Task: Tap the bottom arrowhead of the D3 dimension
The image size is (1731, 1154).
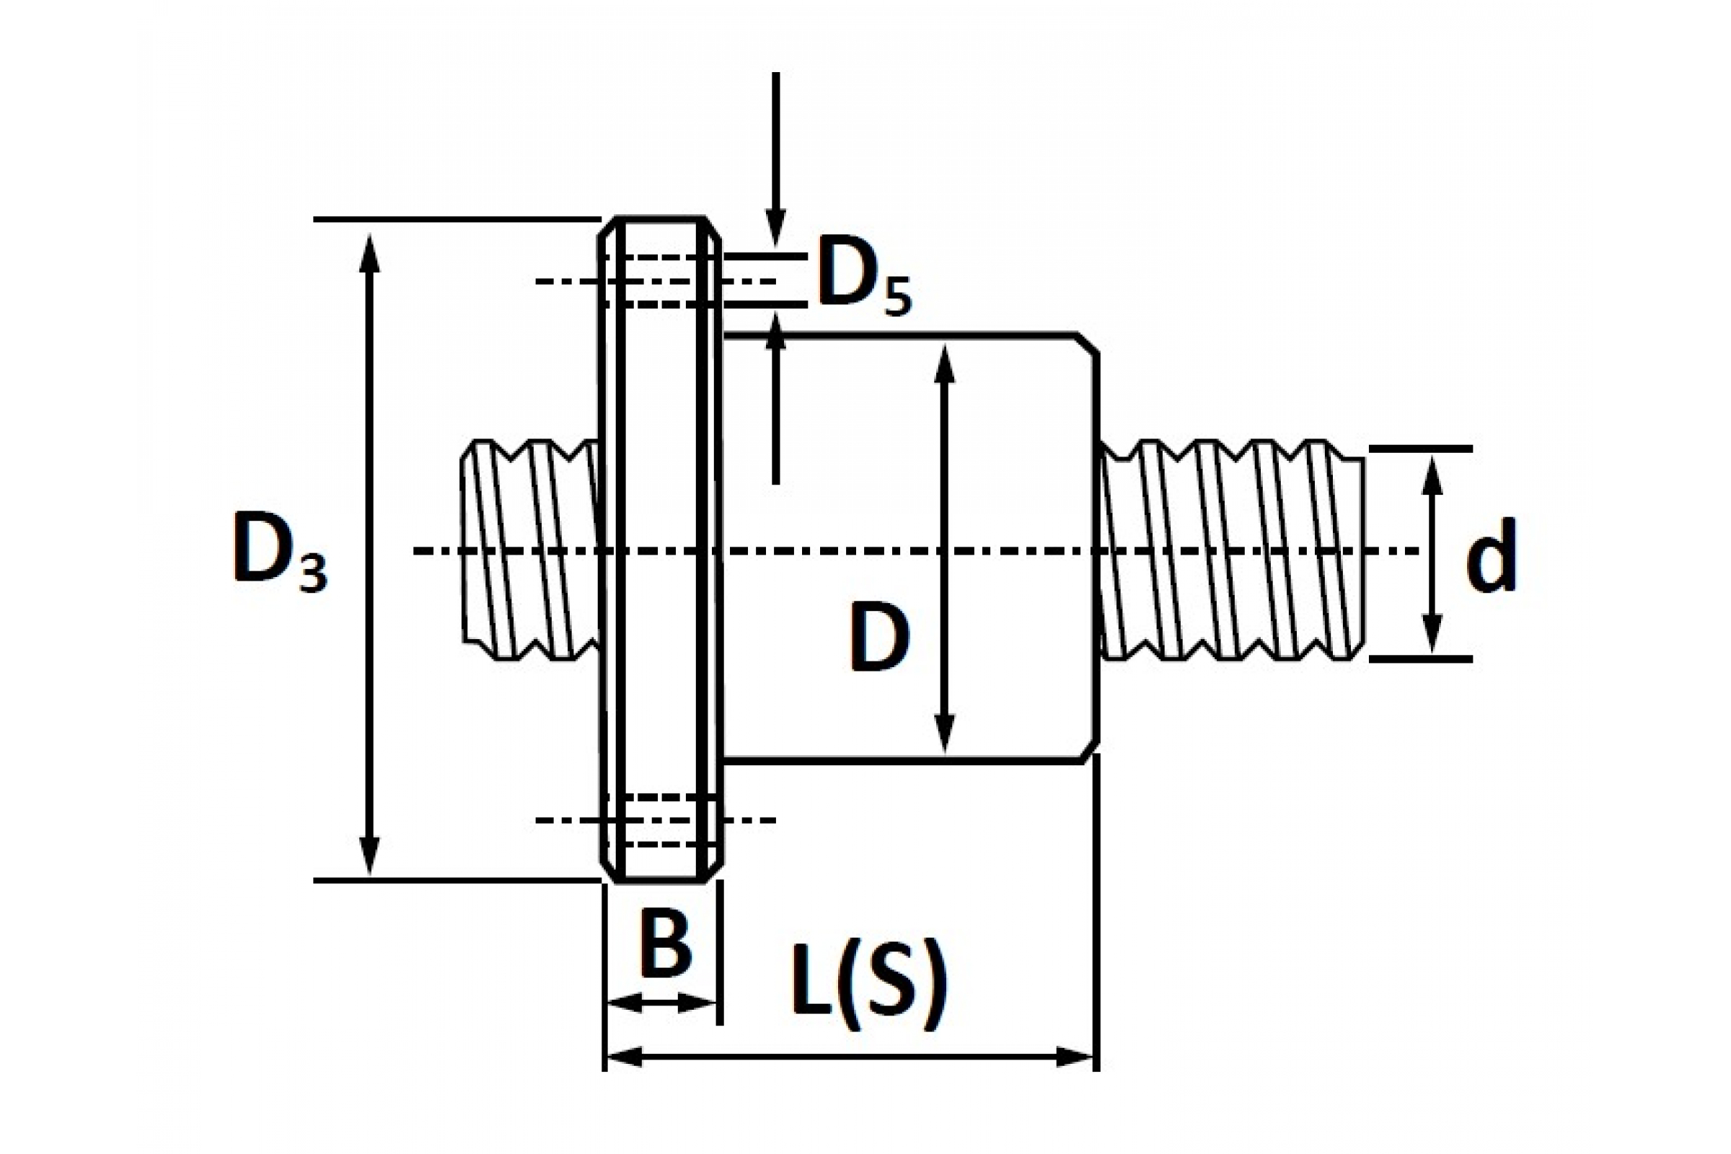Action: tap(370, 855)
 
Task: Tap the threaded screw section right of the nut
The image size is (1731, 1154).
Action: tap(1231, 550)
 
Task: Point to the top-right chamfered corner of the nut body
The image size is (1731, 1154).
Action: tap(1089, 345)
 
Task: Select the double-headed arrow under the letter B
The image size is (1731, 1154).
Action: tap(661, 1003)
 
